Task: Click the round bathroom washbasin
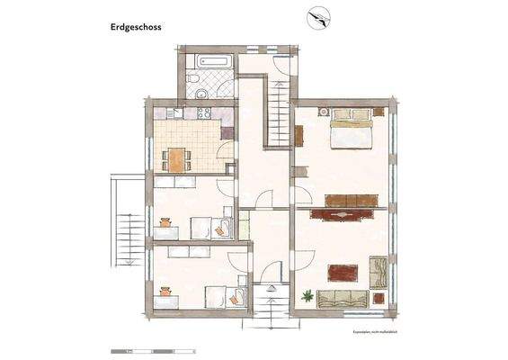click(x=204, y=95)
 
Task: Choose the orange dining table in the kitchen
click(x=177, y=158)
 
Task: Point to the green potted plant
click(x=308, y=294)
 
